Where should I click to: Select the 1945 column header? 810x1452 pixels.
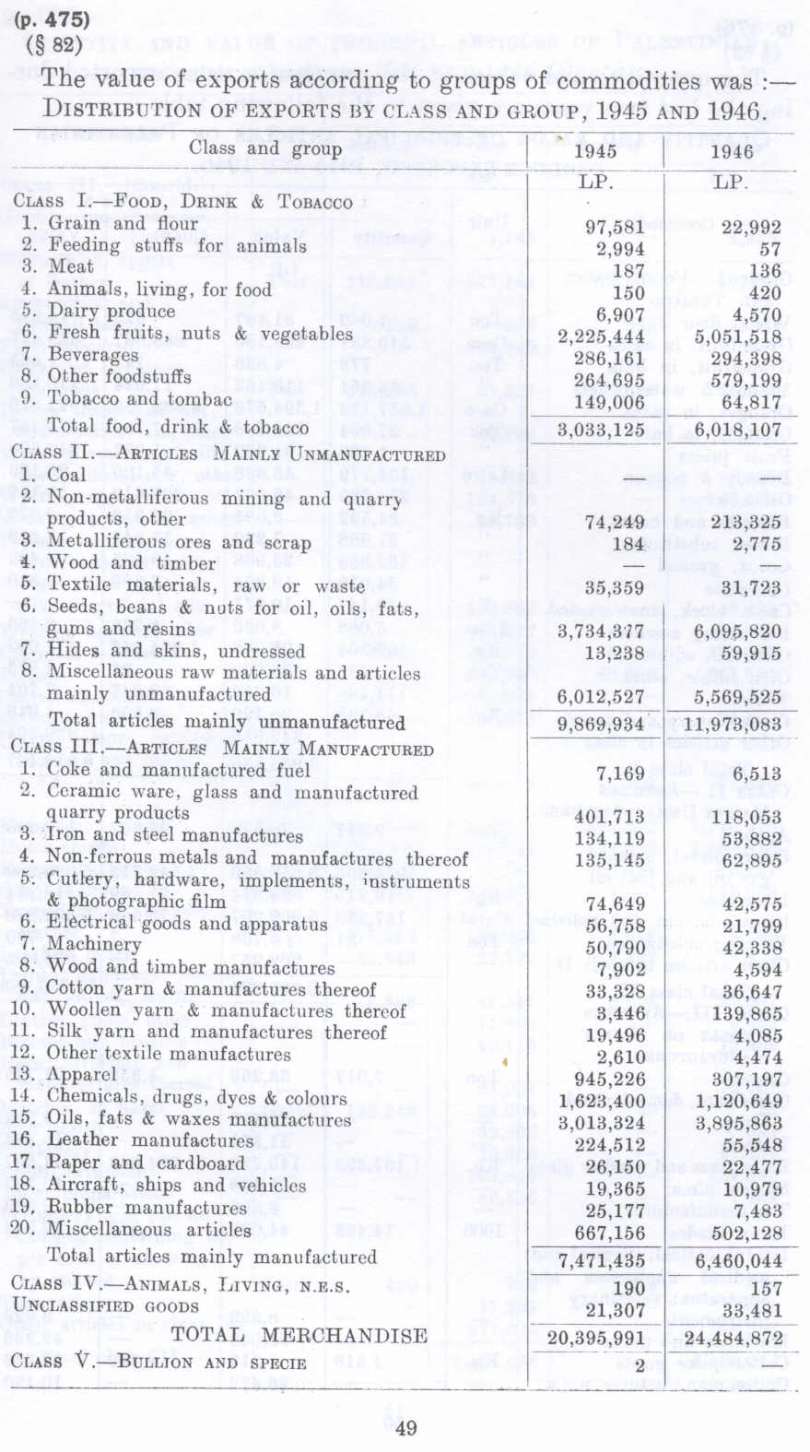tap(594, 151)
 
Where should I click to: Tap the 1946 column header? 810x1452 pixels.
tap(732, 151)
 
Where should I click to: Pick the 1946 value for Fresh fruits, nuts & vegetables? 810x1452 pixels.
tap(738, 336)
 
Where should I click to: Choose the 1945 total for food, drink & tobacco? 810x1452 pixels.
tap(601, 430)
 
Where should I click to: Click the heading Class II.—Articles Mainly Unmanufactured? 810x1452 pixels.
tap(228, 454)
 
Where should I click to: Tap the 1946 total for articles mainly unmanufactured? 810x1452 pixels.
tap(732, 724)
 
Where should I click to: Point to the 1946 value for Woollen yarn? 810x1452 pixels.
tap(739, 1013)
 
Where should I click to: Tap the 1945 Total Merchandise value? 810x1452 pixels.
tap(595, 1338)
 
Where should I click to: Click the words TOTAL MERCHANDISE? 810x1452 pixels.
tap(299, 1336)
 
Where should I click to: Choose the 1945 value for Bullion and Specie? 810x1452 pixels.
tap(639, 1365)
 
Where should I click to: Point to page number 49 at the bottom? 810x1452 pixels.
tap(405, 1428)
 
